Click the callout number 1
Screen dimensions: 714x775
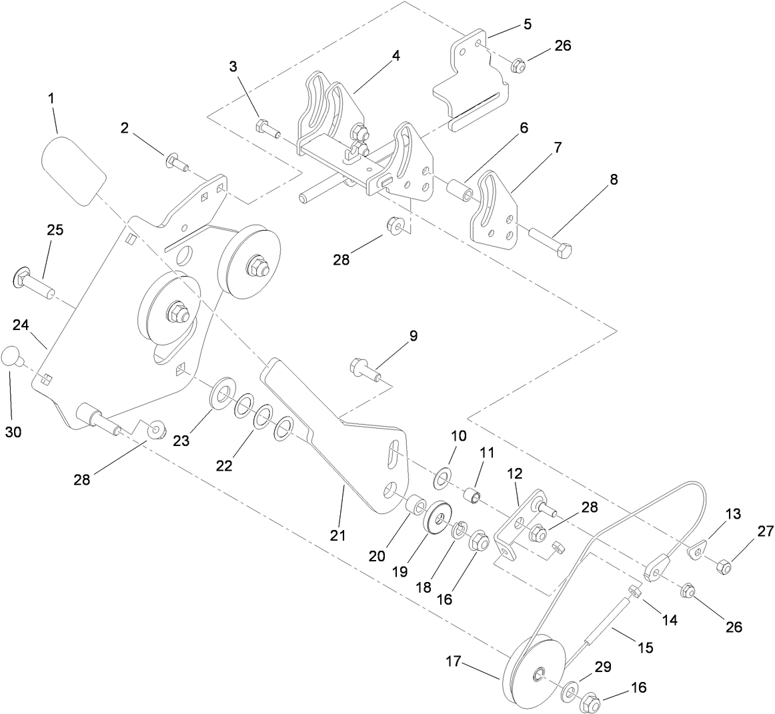click(x=51, y=98)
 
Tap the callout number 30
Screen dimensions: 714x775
click(x=13, y=432)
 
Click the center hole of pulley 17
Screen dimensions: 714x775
click(x=538, y=677)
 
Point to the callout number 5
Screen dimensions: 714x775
click(x=527, y=25)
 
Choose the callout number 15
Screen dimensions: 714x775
click(x=645, y=647)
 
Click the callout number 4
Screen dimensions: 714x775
click(x=396, y=56)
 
